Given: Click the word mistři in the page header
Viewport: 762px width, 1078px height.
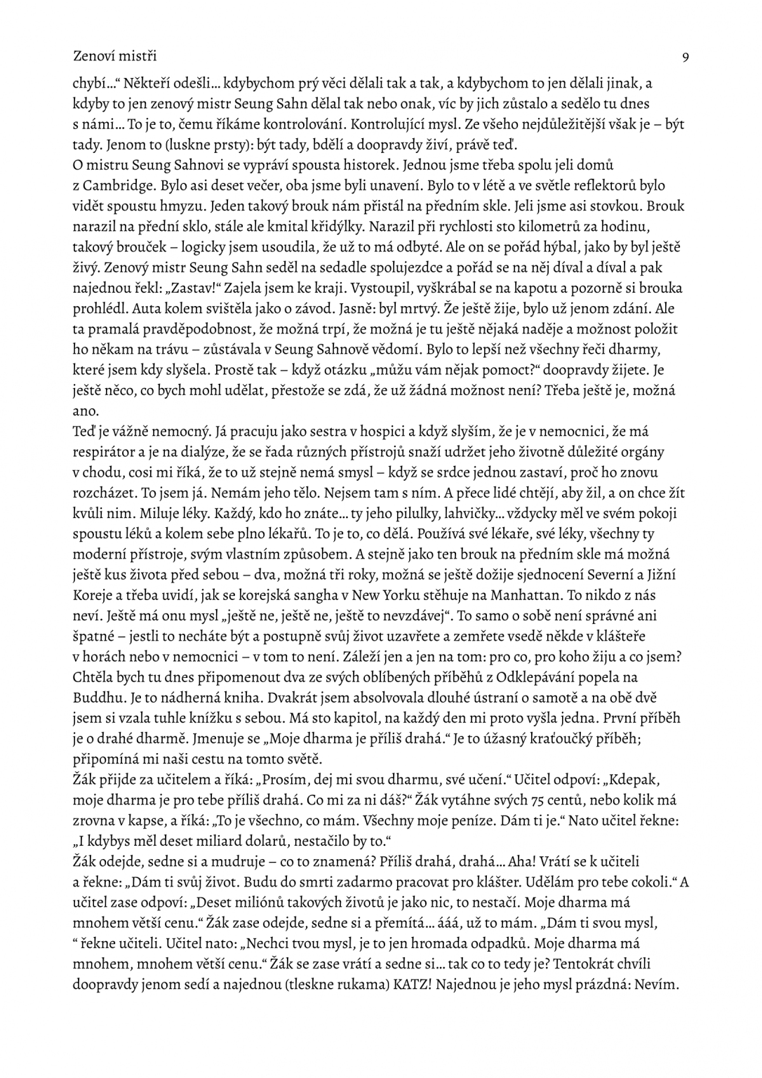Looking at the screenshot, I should pos(136,55).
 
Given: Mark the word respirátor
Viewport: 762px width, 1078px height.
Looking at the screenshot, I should pos(110,452).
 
